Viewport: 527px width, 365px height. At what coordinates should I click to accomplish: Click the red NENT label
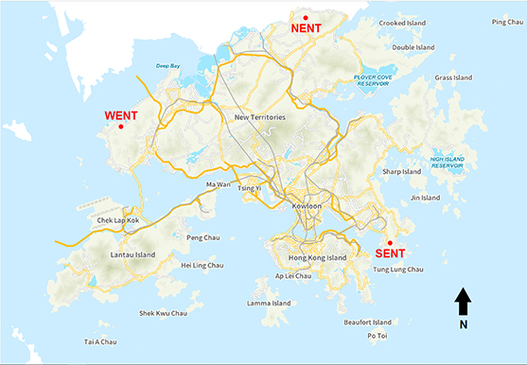[x=307, y=28]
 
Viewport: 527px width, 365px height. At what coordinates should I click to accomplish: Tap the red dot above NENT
[x=306, y=17]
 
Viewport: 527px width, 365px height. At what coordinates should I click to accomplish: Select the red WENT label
[x=121, y=115]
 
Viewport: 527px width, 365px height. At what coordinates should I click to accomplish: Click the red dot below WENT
[x=120, y=127]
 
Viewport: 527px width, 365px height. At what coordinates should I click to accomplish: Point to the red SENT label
[x=391, y=253]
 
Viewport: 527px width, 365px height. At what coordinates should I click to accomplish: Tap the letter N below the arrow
[x=463, y=324]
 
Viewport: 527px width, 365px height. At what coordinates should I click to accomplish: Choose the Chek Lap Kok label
[x=118, y=220]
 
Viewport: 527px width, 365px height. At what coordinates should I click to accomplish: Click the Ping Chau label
[x=506, y=22]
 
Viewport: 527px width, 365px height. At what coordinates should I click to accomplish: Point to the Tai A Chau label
[x=99, y=341]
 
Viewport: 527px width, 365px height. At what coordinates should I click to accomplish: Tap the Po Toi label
[x=377, y=335]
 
